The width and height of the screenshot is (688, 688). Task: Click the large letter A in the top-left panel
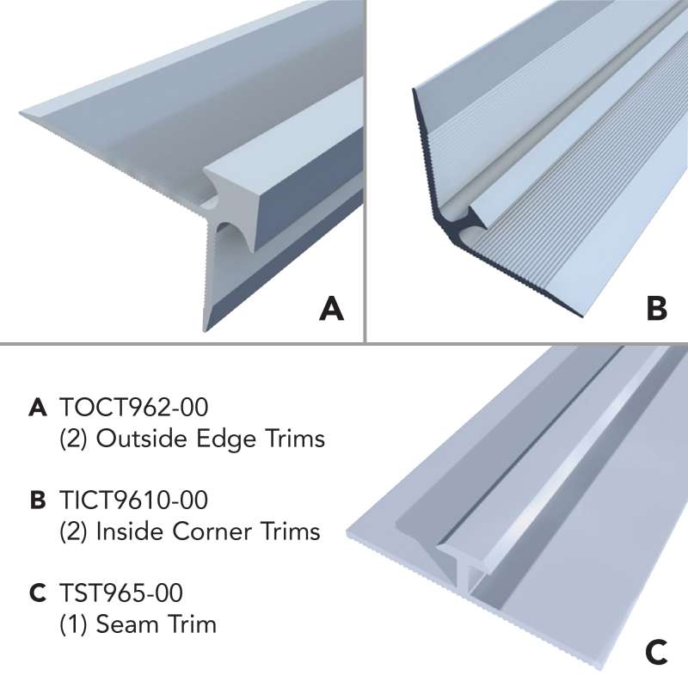[x=332, y=309]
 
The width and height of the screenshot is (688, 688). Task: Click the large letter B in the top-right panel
[x=657, y=309]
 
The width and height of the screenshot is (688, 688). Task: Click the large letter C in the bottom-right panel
[x=656, y=652]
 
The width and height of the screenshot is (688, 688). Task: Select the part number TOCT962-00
[x=134, y=407]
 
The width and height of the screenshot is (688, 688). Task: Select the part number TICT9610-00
[x=134, y=500]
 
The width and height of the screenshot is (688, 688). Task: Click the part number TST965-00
[x=121, y=593]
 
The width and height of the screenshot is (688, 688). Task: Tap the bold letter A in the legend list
[x=38, y=407]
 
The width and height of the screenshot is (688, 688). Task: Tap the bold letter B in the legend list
[x=38, y=501]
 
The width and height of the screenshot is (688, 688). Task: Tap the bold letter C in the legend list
[x=38, y=593]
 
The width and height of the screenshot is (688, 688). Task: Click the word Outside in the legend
[x=143, y=439]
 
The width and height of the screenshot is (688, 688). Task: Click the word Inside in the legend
[x=131, y=531]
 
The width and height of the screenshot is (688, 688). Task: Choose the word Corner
[x=212, y=531]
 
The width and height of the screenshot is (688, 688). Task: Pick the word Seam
[x=122, y=624]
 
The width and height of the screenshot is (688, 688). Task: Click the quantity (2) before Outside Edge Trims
[x=73, y=439]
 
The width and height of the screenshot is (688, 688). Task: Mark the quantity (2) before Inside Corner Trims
[x=73, y=531]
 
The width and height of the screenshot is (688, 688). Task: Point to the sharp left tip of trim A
[x=20, y=114]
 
